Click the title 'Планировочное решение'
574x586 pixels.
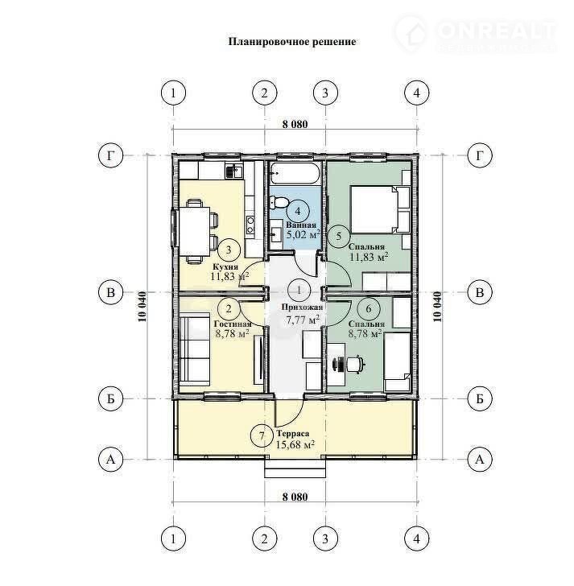[x=292, y=42]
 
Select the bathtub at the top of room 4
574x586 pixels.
[x=295, y=173]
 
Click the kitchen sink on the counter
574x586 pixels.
[x=234, y=171]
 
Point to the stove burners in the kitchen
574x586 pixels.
[x=250, y=225]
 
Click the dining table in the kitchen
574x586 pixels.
[x=195, y=231]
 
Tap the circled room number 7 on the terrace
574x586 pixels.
[x=262, y=436]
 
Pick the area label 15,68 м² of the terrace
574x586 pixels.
[x=295, y=444]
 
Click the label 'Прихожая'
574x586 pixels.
[x=302, y=307]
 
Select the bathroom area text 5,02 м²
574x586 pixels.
[x=304, y=235]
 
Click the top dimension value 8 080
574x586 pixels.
[x=295, y=124]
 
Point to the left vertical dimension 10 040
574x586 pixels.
[x=142, y=307]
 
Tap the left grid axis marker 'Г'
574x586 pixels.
[x=110, y=155]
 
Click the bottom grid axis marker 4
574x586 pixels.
[x=417, y=539]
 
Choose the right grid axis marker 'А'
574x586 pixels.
[x=480, y=460]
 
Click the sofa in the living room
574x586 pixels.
[x=194, y=351]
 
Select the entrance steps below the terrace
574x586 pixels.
[x=295, y=468]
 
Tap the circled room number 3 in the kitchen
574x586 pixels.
[x=229, y=250]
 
